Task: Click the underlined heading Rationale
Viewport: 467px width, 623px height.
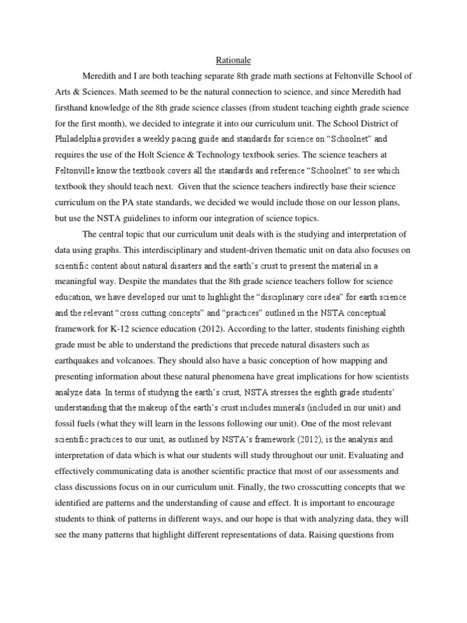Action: coord(233,60)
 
